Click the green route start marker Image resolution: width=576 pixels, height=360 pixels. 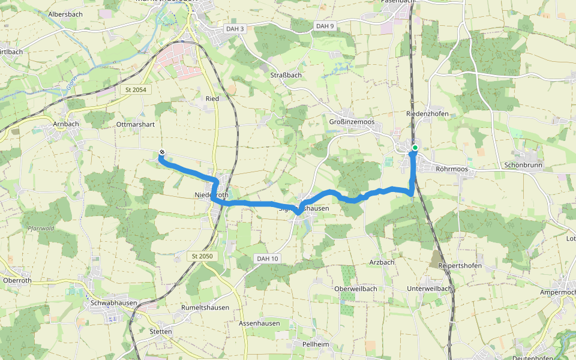(x=415, y=147)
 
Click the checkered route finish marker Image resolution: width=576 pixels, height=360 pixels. (x=162, y=152)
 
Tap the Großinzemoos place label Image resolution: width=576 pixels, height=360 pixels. (x=352, y=122)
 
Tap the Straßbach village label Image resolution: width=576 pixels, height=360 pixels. (x=286, y=75)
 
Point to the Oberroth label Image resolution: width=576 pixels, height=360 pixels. (x=17, y=280)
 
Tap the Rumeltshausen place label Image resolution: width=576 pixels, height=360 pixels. (x=205, y=308)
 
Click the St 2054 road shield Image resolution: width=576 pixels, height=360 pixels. (x=136, y=89)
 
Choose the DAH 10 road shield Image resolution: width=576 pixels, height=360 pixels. (x=267, y=259)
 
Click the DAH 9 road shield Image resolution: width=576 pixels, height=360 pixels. (x=325, y=26)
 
